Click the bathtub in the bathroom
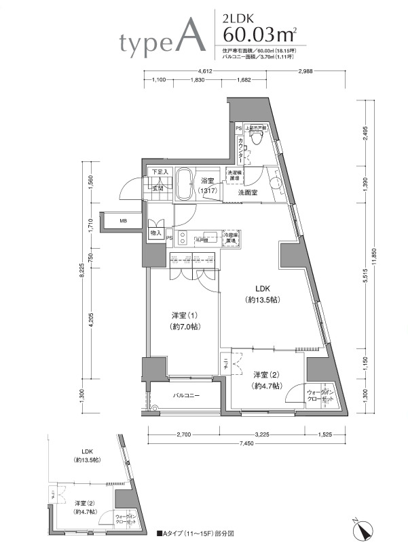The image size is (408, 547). click(185, 184)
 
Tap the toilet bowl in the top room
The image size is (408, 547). click(256, 138)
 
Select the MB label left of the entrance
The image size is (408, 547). click(123, 221)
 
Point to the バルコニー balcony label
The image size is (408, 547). click(185, 394)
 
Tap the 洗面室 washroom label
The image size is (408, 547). click(247, 193)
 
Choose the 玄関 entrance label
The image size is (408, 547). click(158, 188)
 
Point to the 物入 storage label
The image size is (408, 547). click(155, 232)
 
